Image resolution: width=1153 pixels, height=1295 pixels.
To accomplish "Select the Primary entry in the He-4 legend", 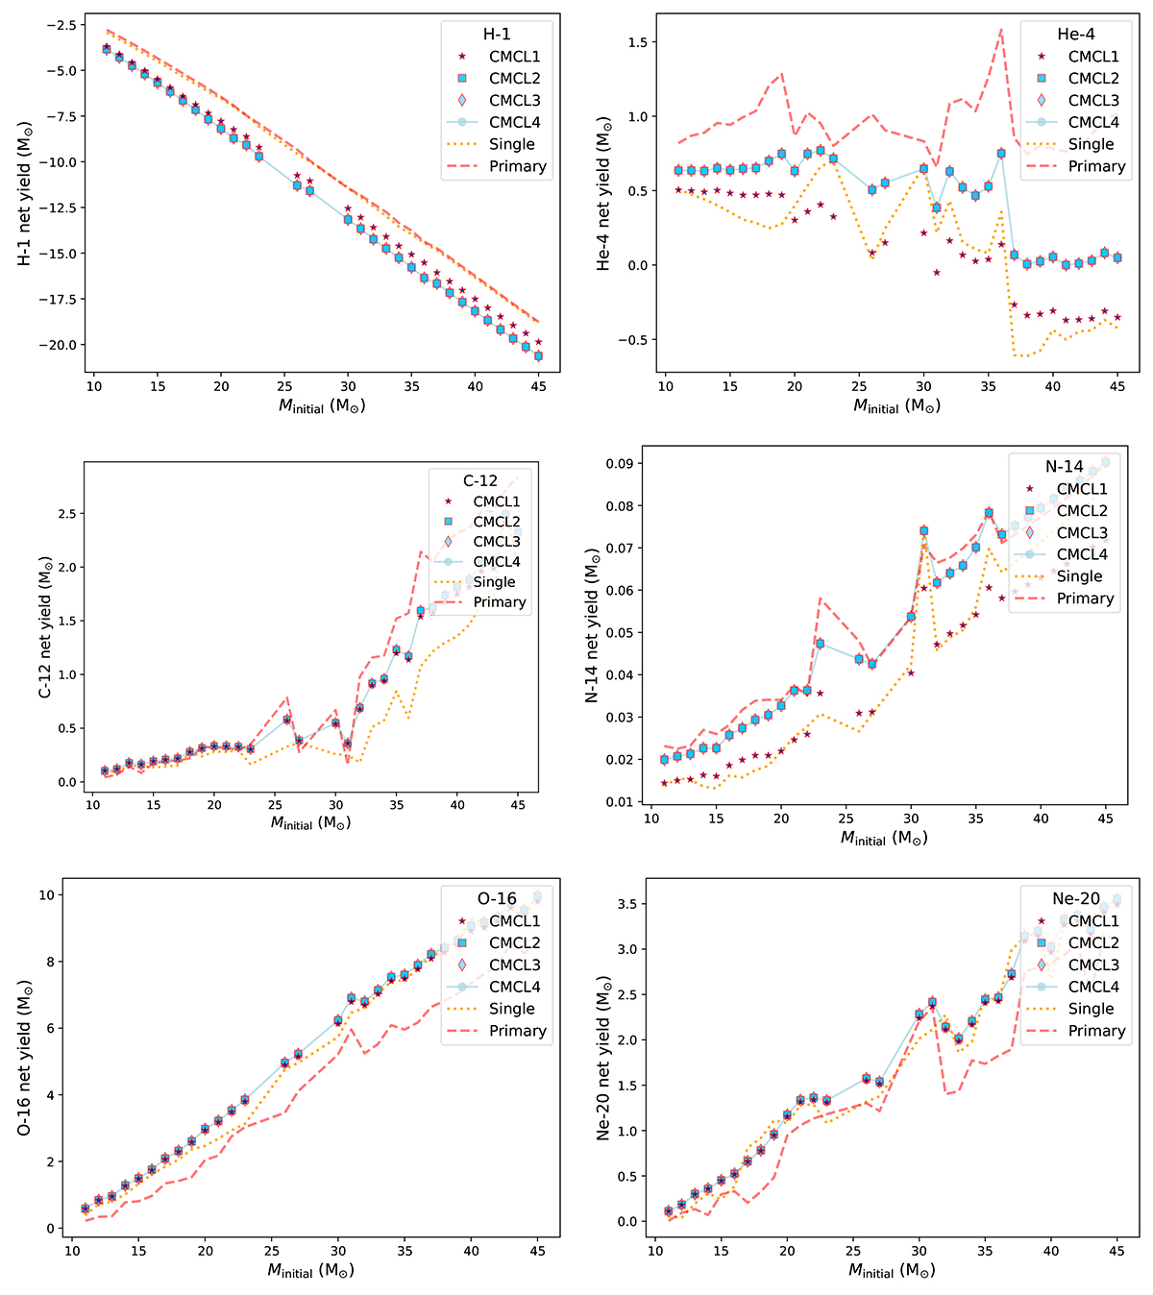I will click(x=1091, y=166).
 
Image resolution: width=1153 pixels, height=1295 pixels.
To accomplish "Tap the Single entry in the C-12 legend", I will click(x=494, y=582).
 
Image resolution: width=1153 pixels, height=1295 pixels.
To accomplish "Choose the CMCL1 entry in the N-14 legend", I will click(x=1081, y=489).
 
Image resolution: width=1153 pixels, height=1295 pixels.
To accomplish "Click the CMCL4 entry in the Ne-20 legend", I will click(x=1093, y=987).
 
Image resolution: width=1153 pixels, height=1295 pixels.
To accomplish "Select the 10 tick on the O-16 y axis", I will click(x=48, y=895).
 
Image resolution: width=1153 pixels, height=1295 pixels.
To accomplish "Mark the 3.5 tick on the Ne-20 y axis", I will click(x=630, y=904).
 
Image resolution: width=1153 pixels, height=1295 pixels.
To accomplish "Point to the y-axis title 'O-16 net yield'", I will click(x=24, y=1056).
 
